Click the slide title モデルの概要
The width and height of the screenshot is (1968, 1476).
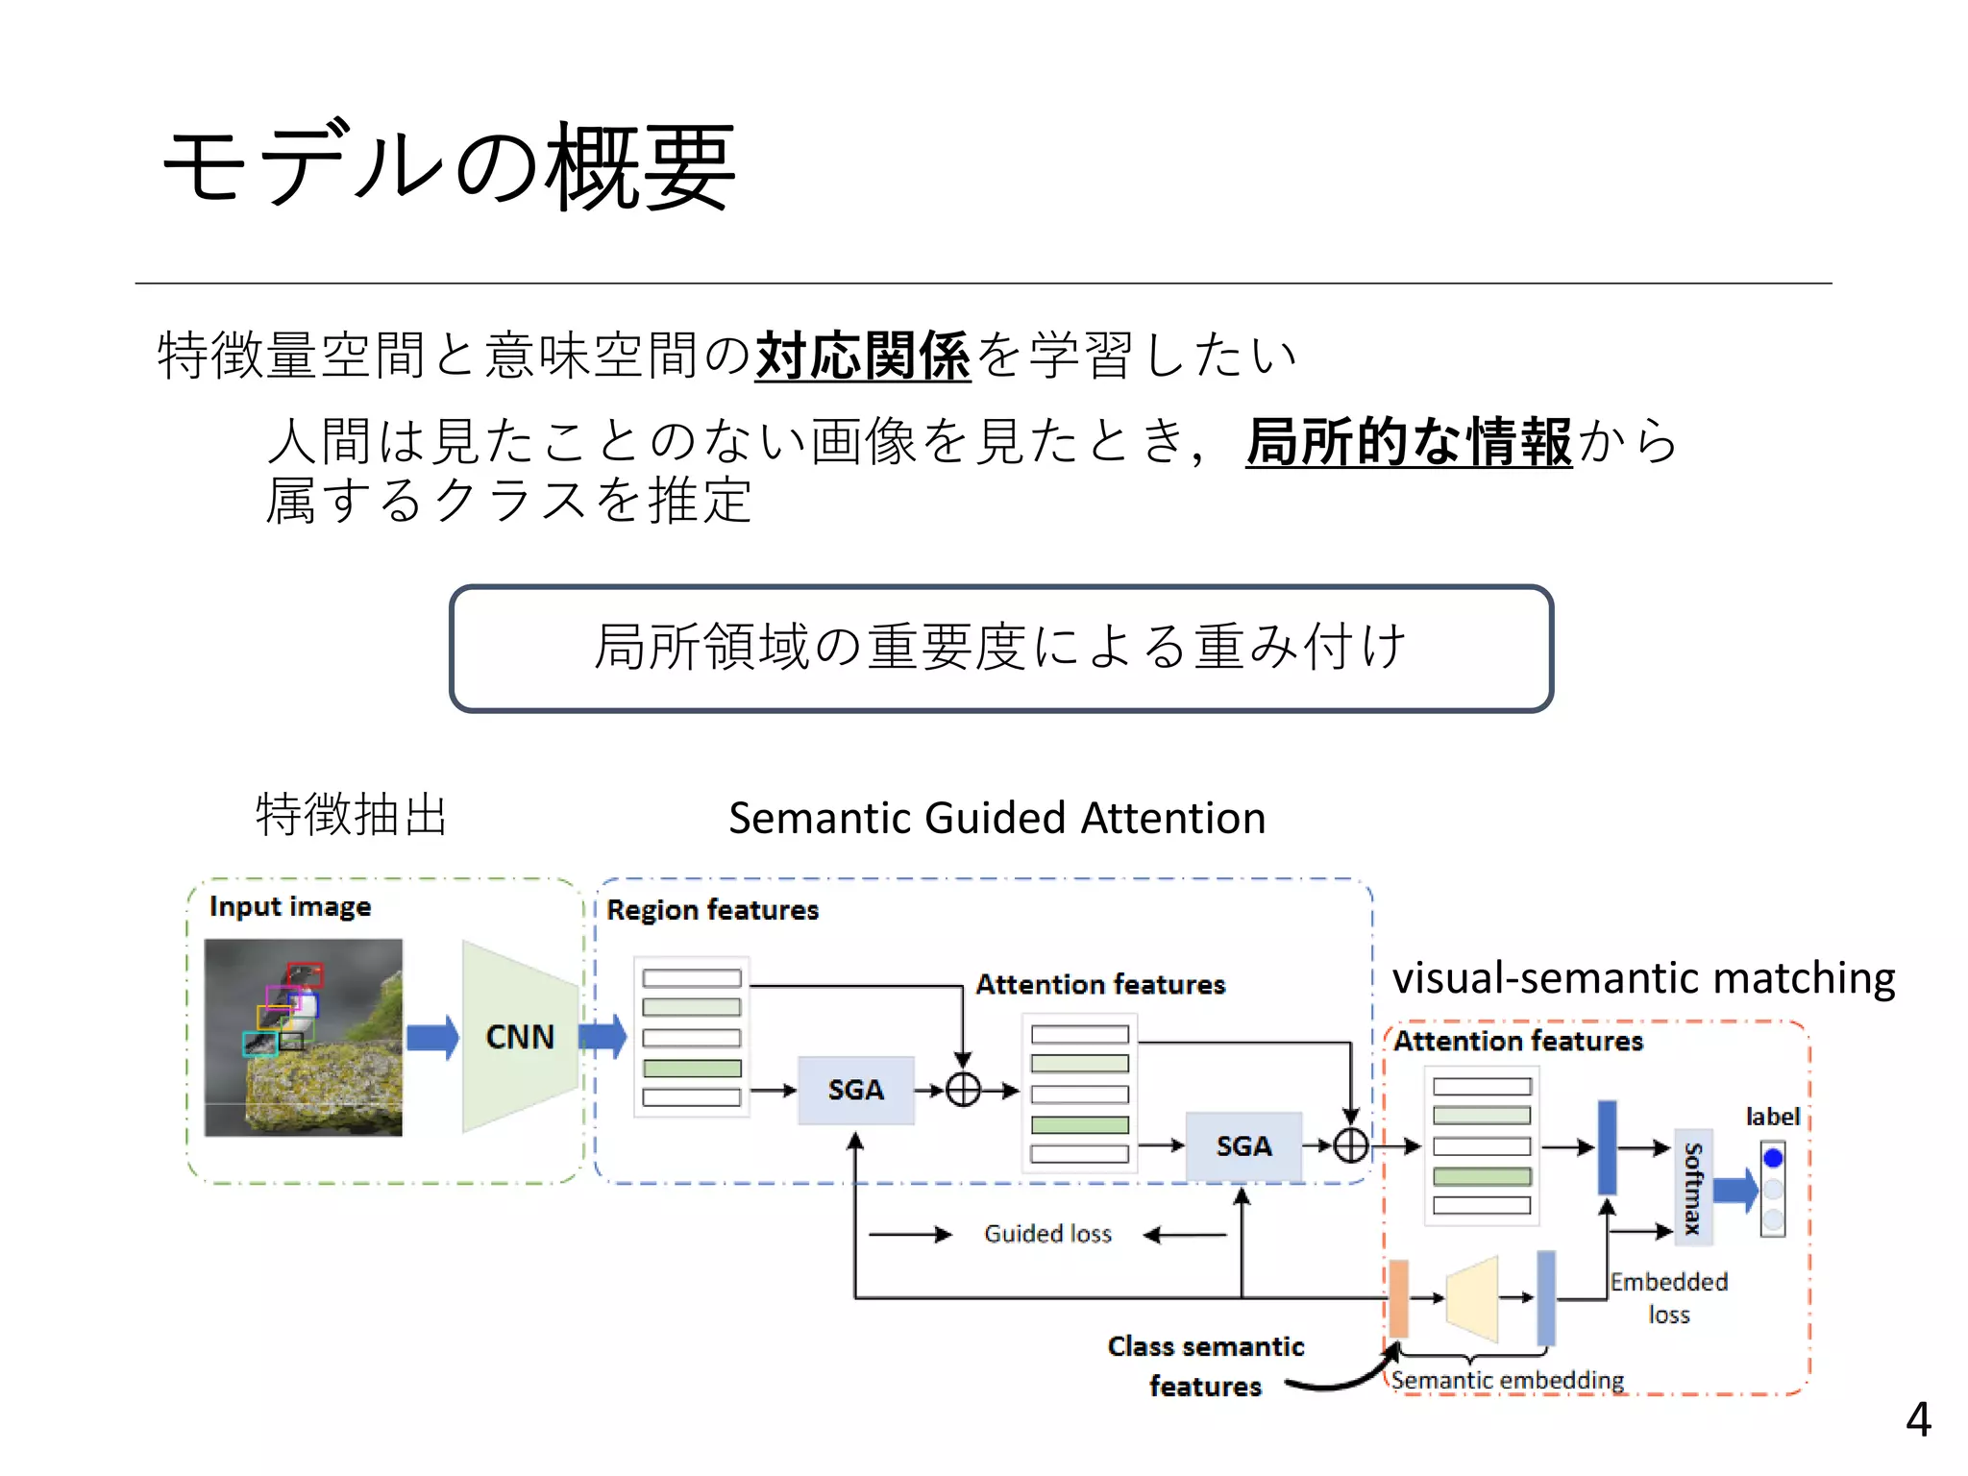[x=449, y=166]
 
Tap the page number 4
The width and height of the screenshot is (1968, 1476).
[x=1917, y=1418]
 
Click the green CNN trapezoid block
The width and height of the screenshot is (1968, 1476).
[x=519, y=1037]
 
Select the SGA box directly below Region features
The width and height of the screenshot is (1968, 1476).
[x=855, y=1090]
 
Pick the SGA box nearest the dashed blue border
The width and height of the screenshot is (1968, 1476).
[x=1243, y=1145]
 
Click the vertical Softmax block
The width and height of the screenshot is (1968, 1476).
[x=1693, y=1188]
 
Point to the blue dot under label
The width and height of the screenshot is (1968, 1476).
[x=1773, y=1158]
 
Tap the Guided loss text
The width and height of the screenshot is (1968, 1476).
[x=1047, y=1234]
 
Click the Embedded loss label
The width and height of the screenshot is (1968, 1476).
[x=1668, y=1297]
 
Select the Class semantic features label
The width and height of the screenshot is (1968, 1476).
[x=1205, y=1365]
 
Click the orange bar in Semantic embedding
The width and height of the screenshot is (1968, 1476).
[x=1399, y=1298]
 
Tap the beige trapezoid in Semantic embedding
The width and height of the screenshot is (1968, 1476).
[x=1472, y=1298]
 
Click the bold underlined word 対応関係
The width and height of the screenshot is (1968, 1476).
[x=862, y=356]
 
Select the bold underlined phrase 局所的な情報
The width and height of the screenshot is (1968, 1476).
[x=1409, y=442]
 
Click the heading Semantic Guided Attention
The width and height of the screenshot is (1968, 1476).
[x=996, y=819]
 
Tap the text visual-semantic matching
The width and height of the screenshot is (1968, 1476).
[x=1643, y=978]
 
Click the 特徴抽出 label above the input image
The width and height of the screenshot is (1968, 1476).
[x=352, y=815]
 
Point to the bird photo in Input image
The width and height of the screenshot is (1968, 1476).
[x=304, y=1038]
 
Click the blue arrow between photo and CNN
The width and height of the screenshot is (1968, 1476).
[x=432, y=1038]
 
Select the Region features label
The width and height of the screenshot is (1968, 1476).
[x=712, y=909]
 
